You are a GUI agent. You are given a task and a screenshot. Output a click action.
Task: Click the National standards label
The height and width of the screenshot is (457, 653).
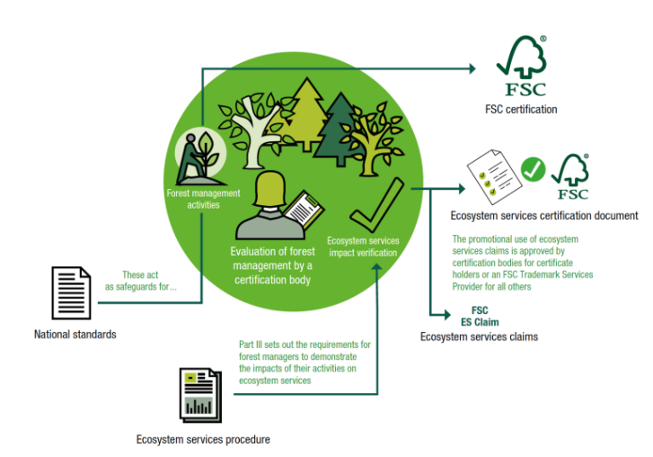[75, 335]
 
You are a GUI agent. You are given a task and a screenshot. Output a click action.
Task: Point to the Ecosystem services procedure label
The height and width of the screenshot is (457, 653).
[203, 439]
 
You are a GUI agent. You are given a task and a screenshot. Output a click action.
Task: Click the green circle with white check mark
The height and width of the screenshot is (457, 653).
[534, 168]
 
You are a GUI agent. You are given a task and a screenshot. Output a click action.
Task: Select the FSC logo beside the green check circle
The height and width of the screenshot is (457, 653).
[572, 177]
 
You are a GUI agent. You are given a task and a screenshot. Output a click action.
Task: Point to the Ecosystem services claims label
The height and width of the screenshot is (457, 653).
[475, 336]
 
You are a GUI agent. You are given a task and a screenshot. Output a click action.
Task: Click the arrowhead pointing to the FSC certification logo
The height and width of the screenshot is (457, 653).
[472, 67]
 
